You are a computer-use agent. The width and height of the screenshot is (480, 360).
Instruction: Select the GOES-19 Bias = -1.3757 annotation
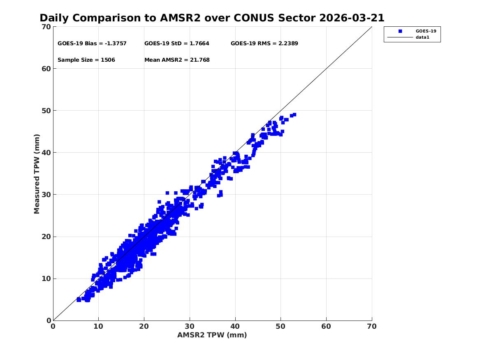(x=92, y=43)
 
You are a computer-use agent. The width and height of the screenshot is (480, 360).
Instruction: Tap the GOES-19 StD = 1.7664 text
(x=176, y=43)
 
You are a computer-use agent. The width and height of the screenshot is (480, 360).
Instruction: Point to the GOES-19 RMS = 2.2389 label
(x=264, y=43)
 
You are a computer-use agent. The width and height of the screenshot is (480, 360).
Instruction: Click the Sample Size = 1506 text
(x=86, y=60)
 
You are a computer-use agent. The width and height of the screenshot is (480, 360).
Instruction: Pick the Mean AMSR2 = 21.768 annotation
(x=177, y=60)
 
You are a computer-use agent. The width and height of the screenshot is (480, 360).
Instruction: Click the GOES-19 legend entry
(x=425, y=31)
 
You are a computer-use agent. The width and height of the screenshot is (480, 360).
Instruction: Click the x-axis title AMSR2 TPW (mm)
(x=212, y=335)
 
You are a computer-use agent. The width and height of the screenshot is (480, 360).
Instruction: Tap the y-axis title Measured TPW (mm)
(x=37, y=174)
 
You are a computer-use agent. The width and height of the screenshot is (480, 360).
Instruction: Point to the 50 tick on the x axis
(x=281, y=326)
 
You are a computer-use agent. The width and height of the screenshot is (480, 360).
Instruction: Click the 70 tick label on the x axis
(x=371, y=326)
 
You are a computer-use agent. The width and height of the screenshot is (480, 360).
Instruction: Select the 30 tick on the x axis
(x=190, y=326)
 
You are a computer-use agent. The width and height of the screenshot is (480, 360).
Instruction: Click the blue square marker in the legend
(x=400, y=31)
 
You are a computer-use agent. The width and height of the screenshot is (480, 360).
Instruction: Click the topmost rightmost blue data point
(x=294, y=115)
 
